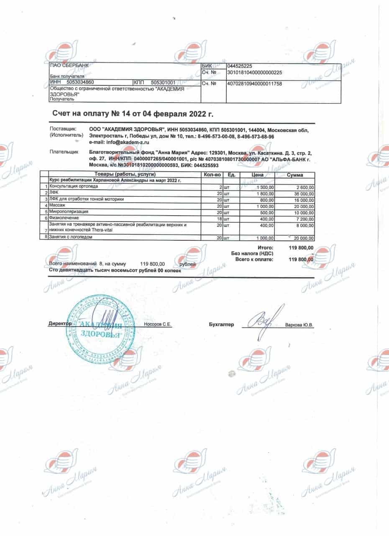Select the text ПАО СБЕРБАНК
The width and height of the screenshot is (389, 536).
pyautogui.click(x=67, y=65)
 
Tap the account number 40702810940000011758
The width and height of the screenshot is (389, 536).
pyautogui.click(x=254, y=84)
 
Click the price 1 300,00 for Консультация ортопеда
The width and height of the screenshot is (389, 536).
pyautogui.click(x=264, y=187)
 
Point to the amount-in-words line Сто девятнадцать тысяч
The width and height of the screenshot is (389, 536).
pyautogui.click(x=115, y=271)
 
